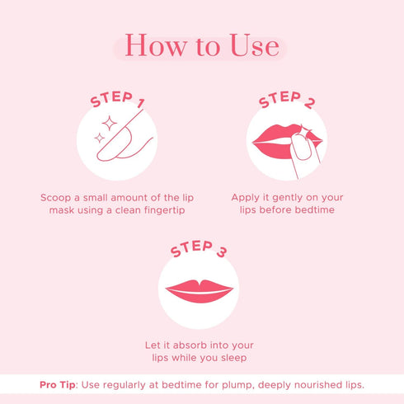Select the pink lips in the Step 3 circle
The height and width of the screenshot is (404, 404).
(200, 290)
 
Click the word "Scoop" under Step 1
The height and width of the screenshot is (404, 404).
(57, 198)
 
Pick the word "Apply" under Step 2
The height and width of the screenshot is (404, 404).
(247, 198)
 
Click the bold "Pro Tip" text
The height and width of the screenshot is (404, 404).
(59, 385)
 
